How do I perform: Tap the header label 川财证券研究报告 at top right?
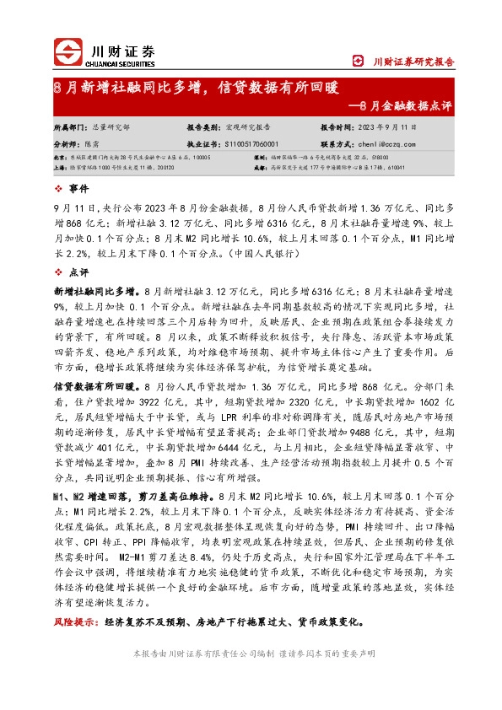click(x=413, y=61)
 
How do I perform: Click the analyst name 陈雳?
click(x=98, y=144)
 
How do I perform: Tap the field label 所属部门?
click(x=69, y=127)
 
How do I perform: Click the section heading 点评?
click(x=78, y=272)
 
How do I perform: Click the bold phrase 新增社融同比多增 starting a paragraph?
click(x=93, y=289)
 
